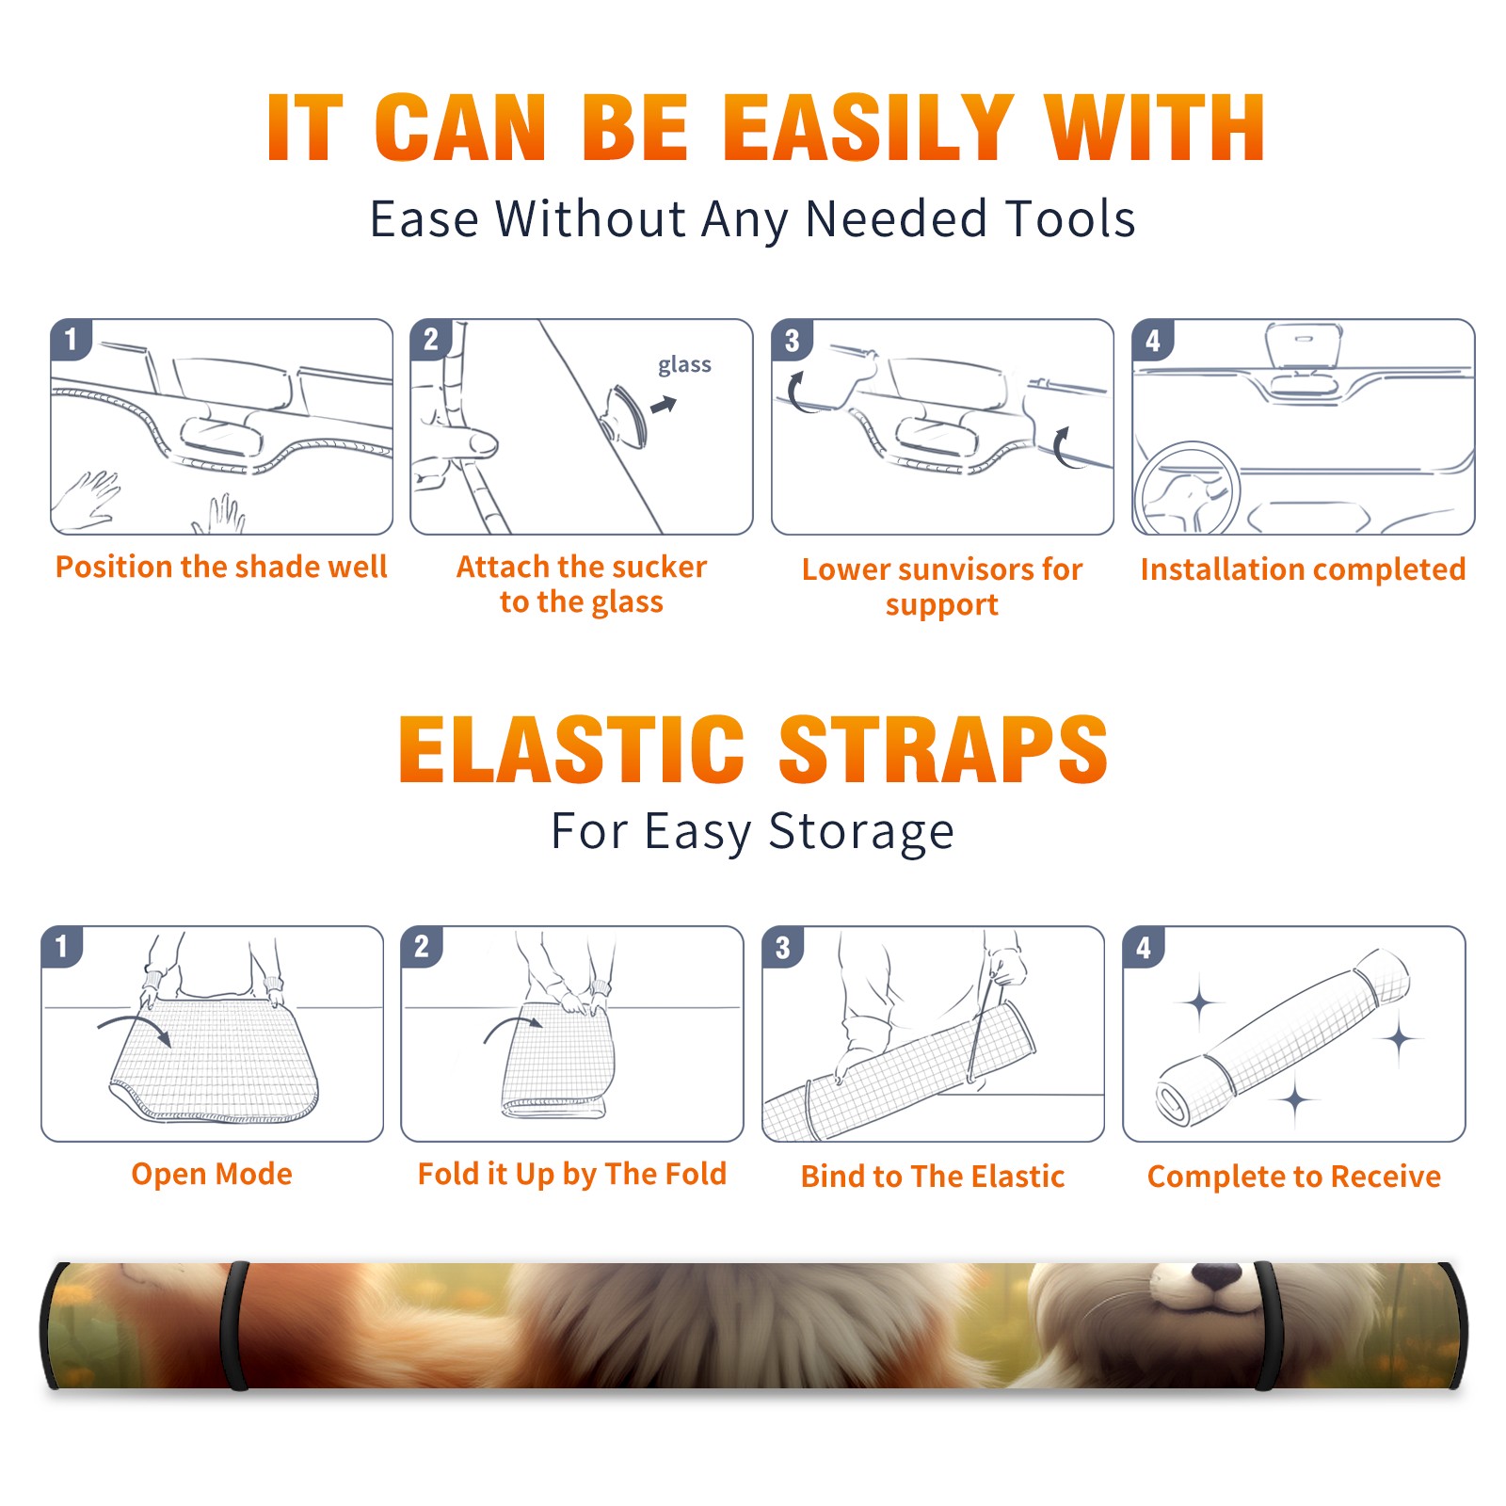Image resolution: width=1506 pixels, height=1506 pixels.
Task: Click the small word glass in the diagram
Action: (684, 365)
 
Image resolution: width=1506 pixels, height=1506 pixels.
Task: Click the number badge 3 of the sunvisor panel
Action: (792, 341)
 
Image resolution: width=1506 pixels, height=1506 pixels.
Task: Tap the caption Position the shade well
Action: (221, 567)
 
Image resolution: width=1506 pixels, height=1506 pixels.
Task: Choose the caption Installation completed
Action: (1303, 569)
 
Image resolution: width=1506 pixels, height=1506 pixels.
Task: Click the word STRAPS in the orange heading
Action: (943, 749)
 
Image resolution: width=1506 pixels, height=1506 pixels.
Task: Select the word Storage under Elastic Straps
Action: (861, 832)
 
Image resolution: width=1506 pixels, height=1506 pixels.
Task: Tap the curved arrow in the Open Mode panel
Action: (135, 1028)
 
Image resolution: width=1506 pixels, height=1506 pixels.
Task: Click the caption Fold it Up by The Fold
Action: (572, 1174)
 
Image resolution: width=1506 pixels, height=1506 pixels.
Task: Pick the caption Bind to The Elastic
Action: (933, 1177)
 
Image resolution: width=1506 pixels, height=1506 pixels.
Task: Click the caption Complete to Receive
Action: (1294, 1177)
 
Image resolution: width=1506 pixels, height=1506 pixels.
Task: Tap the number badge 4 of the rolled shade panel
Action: (1144, 947)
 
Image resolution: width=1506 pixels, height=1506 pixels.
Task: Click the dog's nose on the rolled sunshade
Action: (1216, 1275)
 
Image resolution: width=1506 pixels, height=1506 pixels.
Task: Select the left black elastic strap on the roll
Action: (233, 1325)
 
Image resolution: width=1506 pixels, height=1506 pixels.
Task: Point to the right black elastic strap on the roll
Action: (1267, 1325)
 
